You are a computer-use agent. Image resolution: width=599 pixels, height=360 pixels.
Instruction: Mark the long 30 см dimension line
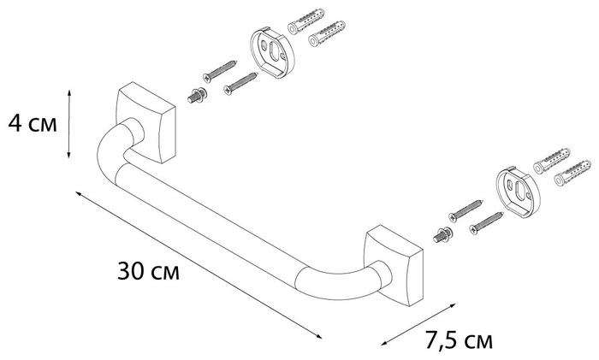pyautogui.click(x=197, y=263)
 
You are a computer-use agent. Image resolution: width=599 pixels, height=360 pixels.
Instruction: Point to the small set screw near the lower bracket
pyautogui.click(x=443, y=233)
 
